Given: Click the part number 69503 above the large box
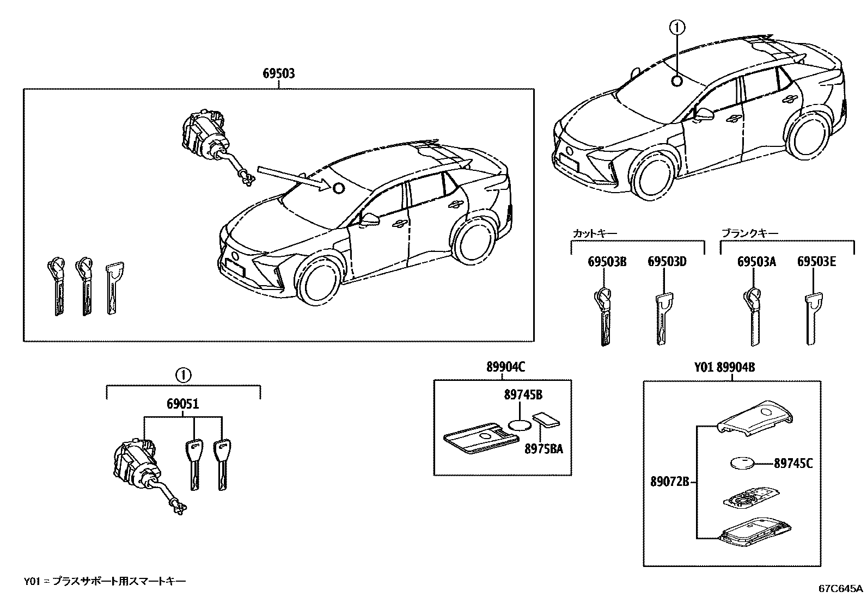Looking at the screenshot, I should tap(279, 73).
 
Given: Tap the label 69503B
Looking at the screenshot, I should tap(607, 262).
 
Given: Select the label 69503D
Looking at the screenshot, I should tap(667, 262).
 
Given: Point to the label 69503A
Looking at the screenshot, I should tap(756, 262).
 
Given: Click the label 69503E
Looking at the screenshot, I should tap(816, 262).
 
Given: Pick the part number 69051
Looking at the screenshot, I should tap(183, 404).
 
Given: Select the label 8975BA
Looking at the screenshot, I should tap(544, 449).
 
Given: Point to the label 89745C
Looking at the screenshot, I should tap(793, 464).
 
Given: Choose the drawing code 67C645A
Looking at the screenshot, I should tap(841, 589).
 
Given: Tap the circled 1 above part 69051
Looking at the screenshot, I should tap(184, 375).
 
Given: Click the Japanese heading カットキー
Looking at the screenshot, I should tap(595, 233).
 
